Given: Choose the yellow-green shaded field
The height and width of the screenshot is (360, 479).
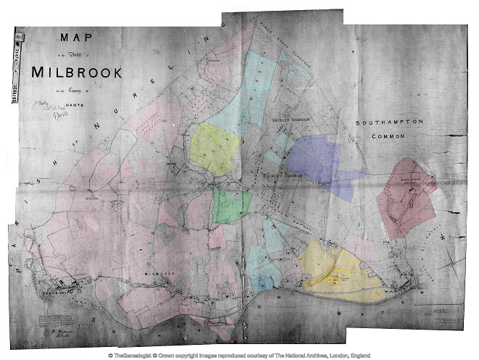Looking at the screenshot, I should coord(215,148).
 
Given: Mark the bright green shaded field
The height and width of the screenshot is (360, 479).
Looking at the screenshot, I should coord(232,206).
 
